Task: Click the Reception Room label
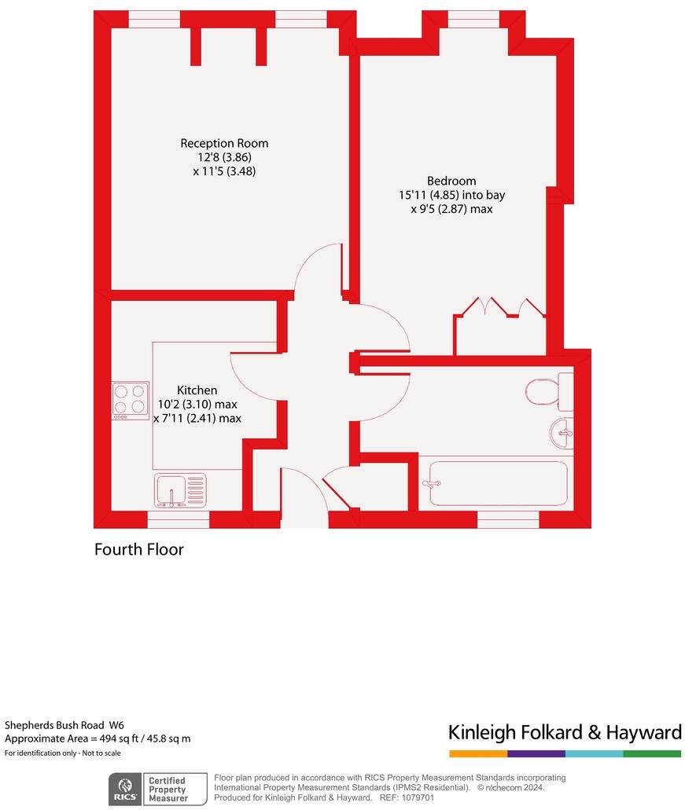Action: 224,143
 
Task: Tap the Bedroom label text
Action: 451,181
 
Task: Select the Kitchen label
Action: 197,390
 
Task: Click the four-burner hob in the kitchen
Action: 131,399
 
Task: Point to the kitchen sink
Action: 179,489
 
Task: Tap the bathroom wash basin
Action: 562,432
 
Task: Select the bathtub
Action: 495,483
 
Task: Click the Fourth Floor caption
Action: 139,549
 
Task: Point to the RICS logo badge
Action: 123,788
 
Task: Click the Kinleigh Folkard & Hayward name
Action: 565,732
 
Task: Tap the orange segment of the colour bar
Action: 478,753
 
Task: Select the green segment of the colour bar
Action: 652,753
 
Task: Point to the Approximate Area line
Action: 98,739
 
